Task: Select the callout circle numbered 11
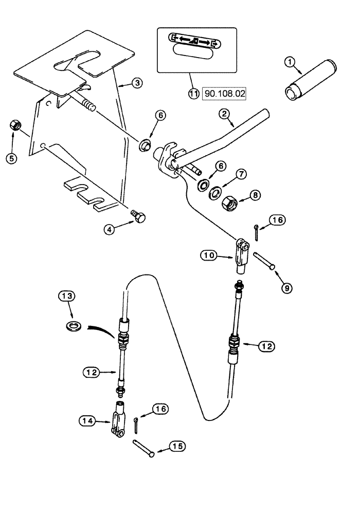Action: (x=193, y=95)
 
